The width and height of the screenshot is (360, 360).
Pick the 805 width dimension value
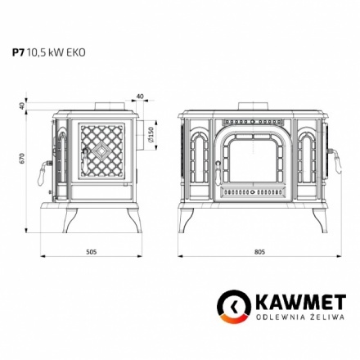click(x=259, y=251)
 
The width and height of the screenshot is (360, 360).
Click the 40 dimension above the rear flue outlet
click(x=142, y=97)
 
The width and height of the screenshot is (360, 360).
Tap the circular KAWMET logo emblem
click(x=232, y=310)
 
